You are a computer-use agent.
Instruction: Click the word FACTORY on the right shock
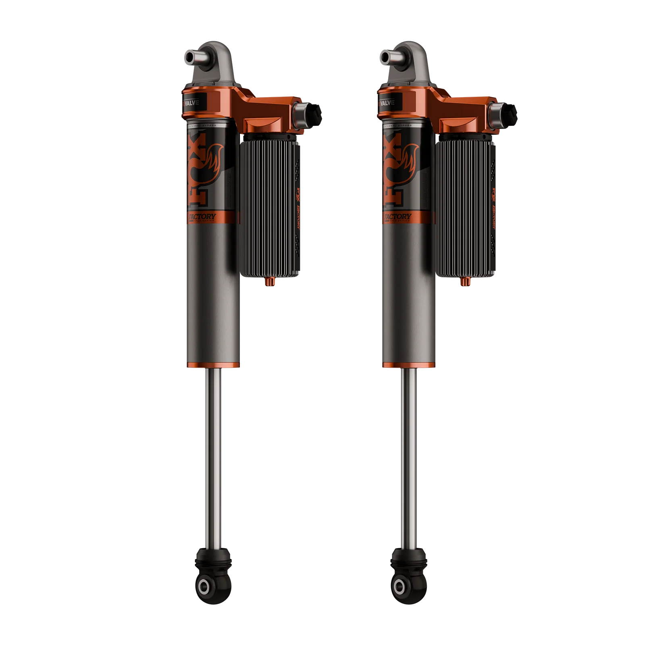[x=398, y=217]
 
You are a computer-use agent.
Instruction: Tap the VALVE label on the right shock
[x=388, y=103]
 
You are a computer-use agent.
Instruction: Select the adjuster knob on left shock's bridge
[x=307, y=114]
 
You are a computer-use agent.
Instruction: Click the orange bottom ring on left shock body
[x=212, y=365]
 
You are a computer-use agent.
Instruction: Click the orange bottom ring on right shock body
[x=409, y=365]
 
